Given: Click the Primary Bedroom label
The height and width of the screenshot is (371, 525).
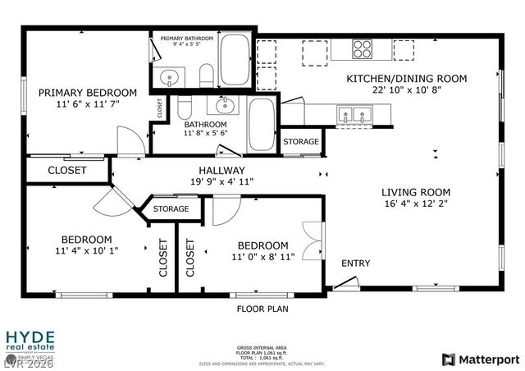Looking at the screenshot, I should pyautogui.click(x=88, y=92).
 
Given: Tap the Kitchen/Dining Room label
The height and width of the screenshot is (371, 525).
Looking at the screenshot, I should pyautogui.click(x=406, y=79).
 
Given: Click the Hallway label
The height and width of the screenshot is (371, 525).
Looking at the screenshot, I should pyautogui.click(x=217, y=170).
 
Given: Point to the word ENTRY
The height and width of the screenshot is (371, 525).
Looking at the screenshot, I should pyautogui.click(x=355, y=263).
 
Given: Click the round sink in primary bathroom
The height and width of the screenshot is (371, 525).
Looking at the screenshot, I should pyautogui.click(x=169, y=79).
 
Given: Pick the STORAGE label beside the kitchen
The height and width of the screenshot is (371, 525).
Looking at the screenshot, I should pyautogui.click(x=301, y=142).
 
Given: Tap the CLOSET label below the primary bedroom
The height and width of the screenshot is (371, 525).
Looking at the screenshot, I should pyautogui.click(x=67, y=171).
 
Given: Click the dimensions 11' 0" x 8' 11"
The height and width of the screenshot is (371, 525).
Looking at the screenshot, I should pyautogui.click(x=262, y=257).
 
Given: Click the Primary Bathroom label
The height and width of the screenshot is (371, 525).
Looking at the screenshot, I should pyautogui.click(x=187, y=39).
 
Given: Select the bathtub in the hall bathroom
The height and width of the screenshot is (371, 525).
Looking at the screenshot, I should pyautogui.click(x=262, y=125).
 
